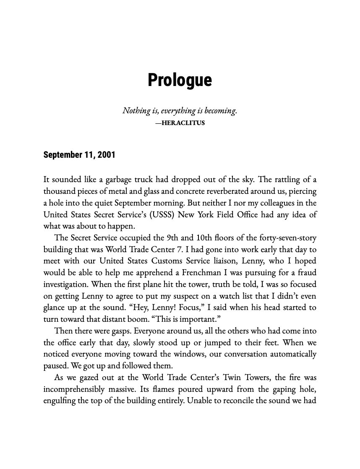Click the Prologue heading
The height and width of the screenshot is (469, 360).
[x=180, y=80]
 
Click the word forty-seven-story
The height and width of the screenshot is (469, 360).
[x=288, y=238]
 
